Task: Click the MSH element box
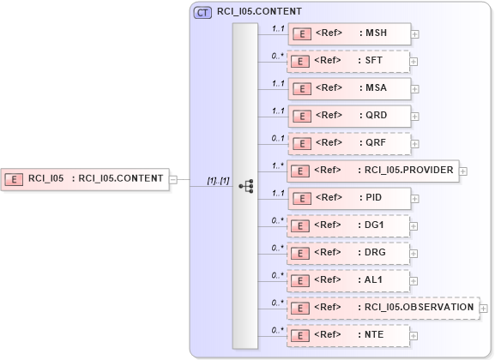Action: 348,34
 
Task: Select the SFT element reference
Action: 348,62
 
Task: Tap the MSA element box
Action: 348,88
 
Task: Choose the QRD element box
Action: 348,116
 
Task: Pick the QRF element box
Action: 348,143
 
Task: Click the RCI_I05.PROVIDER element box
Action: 372,171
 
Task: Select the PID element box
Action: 348,198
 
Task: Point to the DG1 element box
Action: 348,225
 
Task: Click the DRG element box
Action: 348,253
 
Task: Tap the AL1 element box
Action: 348,280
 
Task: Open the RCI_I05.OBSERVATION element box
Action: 383,308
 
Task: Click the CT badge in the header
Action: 203,12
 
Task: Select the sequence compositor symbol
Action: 245,185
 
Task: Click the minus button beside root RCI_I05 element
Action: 173,179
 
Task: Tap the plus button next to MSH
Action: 414,34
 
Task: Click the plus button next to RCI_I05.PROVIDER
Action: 462,171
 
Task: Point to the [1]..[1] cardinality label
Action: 218,179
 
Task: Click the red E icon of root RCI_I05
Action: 15,179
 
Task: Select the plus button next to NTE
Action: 414,335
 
